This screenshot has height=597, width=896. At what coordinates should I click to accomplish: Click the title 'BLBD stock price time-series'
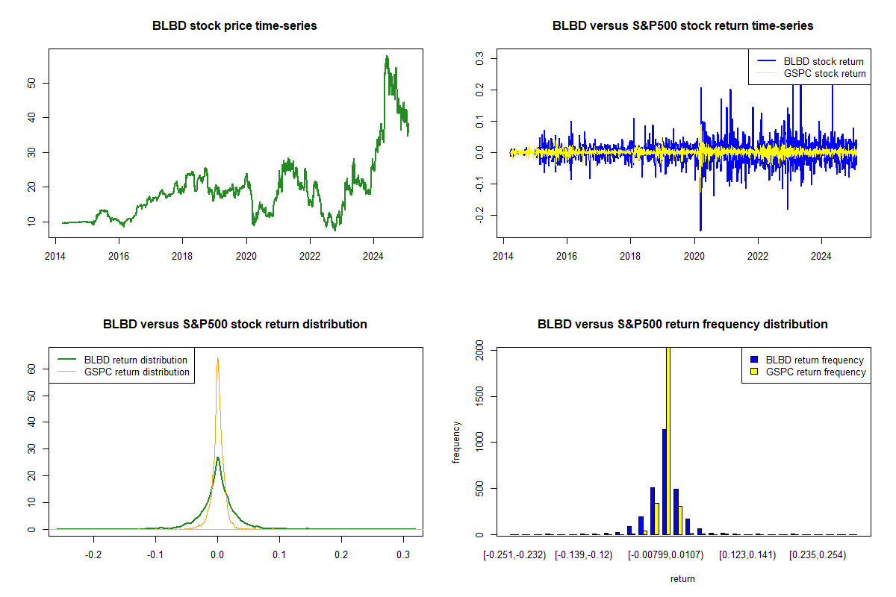tap(234, 26)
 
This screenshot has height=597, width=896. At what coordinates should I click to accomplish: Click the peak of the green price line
tap(386, 57)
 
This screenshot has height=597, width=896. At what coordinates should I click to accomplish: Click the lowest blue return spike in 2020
tap(700, 230)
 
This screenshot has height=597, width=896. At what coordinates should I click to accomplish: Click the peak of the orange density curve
tap(217, 359)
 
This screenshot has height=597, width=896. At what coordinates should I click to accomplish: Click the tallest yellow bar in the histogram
tap(668, 440)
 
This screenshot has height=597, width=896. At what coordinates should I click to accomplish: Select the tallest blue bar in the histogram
tap(664, 481)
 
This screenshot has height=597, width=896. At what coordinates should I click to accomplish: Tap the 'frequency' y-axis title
tap(456, 442)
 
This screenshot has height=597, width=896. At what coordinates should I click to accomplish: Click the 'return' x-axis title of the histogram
tap(682, 578)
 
